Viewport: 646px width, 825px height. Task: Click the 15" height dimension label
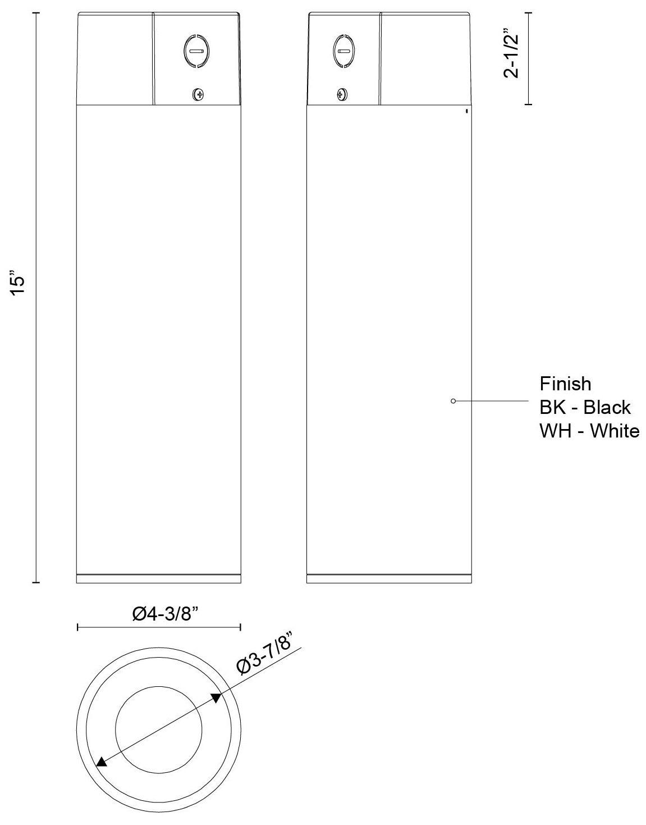click(x=19, y=284)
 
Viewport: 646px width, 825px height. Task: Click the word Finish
click(x=565, y=384)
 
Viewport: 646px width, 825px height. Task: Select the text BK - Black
click(x=585, y=407)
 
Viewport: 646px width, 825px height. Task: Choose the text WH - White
click(x=589, y=431)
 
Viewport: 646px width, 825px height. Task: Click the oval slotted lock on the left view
click(x=196, y=52)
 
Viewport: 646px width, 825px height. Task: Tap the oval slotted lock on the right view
click(x=343, y=52)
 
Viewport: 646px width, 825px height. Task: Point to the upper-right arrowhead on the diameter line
click(x=216, y=698)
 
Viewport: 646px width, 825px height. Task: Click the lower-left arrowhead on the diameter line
click(x=101, y=762)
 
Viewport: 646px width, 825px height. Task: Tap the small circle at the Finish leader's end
click(x=453, y=401)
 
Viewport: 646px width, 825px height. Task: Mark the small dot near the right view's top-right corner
click(x=466, y=112)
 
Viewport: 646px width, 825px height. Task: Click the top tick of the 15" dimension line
click(x=36, y=12)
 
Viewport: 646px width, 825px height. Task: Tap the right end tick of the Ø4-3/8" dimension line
click(x=241, y=627)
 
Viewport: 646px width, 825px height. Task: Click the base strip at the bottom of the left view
click(x=159, y=578)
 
